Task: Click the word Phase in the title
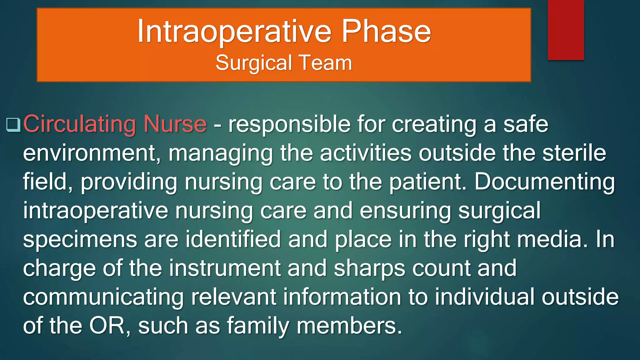[386, 31]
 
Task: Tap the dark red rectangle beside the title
[566, 30]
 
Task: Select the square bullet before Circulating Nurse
[13, 125]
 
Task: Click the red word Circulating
[80, 124]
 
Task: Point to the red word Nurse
[175, 124]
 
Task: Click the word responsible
[289, 124]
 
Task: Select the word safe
[526, 124]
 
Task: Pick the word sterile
[574, 153]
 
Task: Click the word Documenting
[544, 182]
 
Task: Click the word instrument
[225, 268]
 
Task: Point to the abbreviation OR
[107, 326]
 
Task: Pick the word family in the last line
[258, 326]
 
